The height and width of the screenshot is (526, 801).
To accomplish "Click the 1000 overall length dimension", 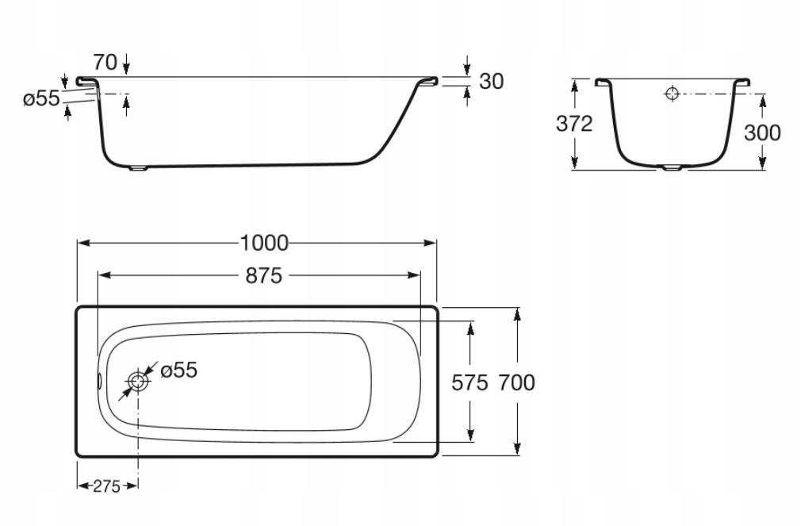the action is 264,243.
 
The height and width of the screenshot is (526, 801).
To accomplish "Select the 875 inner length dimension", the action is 263,276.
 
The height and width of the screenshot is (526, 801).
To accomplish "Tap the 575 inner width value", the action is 470,382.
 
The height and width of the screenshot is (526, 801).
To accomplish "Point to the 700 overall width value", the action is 516,382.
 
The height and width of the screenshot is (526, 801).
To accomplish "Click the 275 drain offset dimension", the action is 106,486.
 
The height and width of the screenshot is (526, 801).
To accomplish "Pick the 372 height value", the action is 574,124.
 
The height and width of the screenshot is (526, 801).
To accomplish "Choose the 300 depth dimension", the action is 762,133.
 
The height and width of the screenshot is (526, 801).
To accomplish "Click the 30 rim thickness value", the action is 492,81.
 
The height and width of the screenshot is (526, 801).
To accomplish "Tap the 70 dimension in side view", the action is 105,63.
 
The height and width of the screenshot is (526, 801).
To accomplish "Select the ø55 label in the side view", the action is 41,98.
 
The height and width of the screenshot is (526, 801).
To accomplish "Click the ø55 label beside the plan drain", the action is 178,370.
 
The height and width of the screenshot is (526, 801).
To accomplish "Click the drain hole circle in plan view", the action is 138,381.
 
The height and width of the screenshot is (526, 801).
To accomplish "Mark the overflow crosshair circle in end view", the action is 672,94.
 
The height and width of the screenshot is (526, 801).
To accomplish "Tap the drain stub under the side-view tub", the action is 138,167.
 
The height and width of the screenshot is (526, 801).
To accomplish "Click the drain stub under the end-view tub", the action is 673,167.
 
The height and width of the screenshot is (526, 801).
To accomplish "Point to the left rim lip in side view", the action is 86,81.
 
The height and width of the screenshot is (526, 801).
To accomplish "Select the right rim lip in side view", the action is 428,81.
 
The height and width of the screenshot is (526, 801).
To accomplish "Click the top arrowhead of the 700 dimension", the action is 518,314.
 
